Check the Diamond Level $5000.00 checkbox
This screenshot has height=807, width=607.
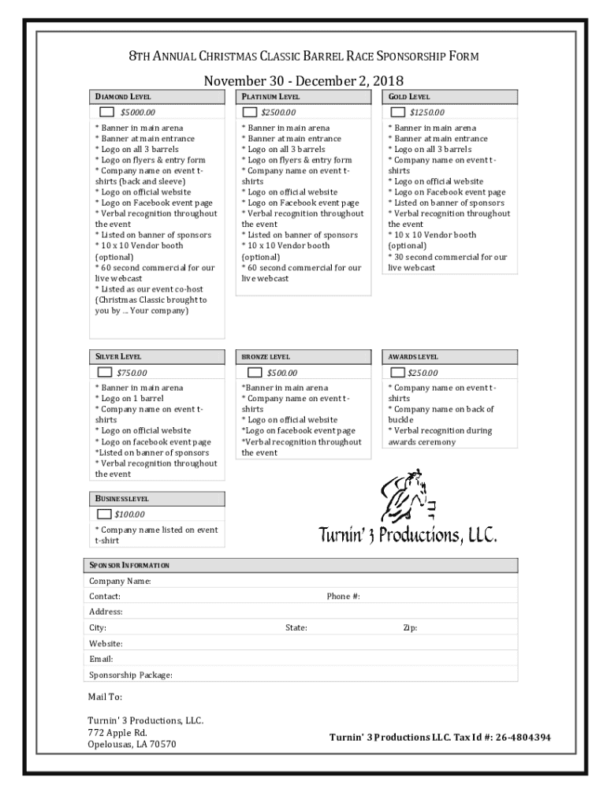107,112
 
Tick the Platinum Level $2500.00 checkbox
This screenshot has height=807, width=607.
249,112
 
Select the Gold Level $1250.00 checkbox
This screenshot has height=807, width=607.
398,112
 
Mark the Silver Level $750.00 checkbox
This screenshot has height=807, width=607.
104,372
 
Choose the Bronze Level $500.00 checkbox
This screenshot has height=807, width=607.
255,372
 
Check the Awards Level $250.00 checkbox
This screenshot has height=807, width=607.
398,372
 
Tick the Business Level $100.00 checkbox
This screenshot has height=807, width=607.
104,515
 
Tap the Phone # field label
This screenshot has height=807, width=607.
343,597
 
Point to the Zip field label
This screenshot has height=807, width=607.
410,628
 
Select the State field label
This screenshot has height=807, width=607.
296,628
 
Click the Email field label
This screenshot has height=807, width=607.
101,659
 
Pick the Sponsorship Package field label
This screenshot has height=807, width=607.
131,675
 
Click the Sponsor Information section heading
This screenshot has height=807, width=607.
129,566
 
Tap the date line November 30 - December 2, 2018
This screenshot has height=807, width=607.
303,80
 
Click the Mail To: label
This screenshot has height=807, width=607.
105,697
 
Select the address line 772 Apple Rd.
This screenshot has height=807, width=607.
117,732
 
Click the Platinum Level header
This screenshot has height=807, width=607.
270,96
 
